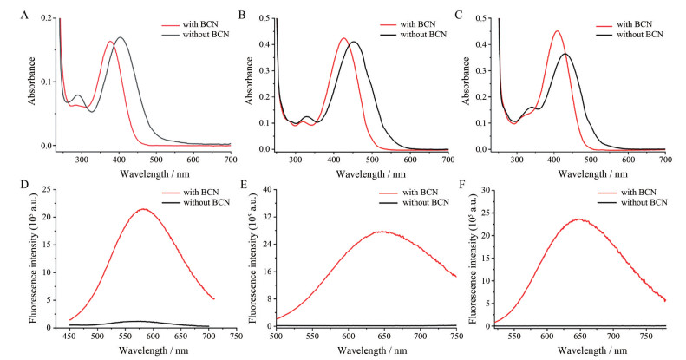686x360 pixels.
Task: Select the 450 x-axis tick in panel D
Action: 69,335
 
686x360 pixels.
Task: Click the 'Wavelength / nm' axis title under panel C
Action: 578,172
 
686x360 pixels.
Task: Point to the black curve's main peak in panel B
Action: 378,42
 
